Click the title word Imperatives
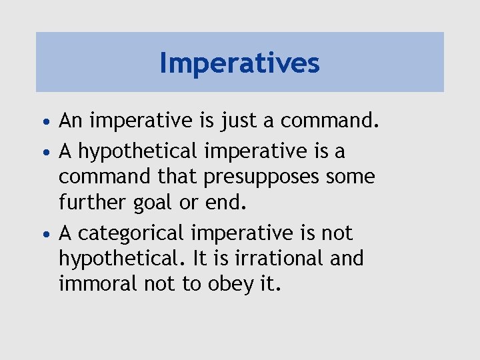[240, 63]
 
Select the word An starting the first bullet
[69, 121]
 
